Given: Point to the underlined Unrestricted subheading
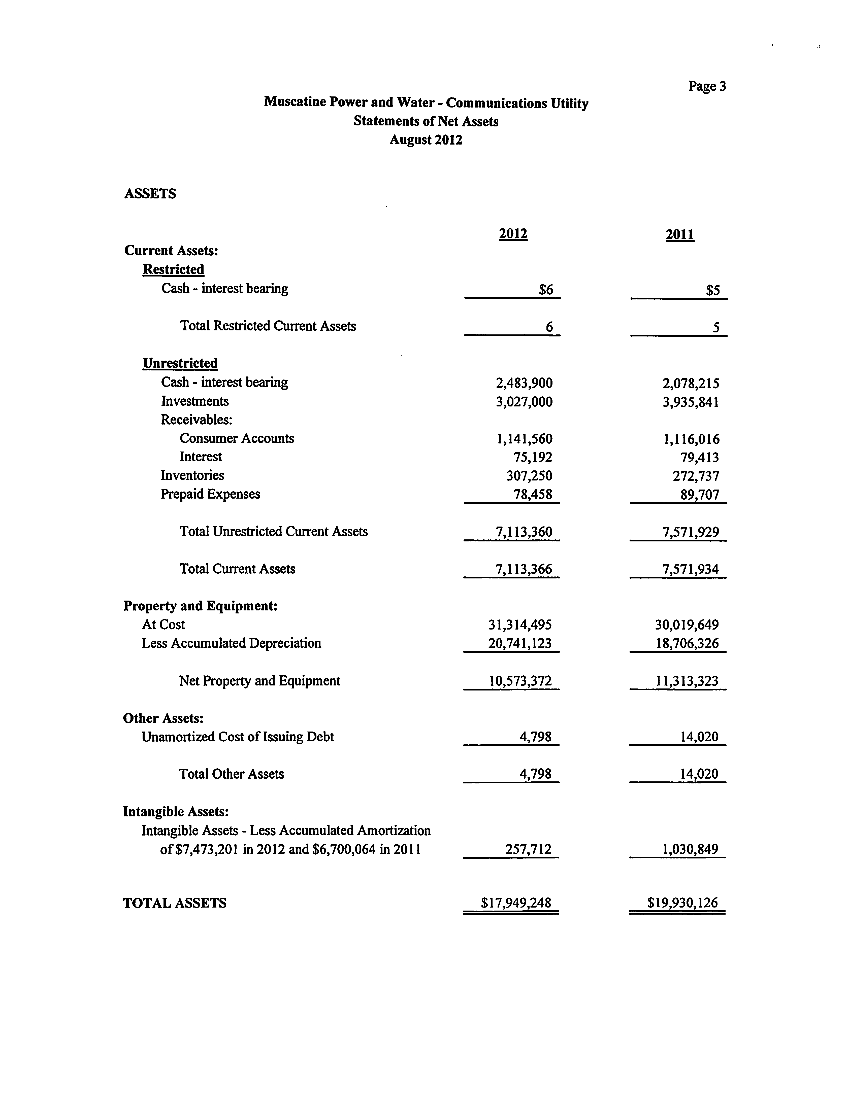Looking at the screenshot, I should [x=180, y=363].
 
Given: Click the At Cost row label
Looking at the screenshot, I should [x=163, y=625].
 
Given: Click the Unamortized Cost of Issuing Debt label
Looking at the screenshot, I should [x=238, y=737].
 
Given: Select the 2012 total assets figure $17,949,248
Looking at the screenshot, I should [x=516, y=903].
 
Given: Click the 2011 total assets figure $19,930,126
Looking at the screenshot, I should [x=682, y=903].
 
